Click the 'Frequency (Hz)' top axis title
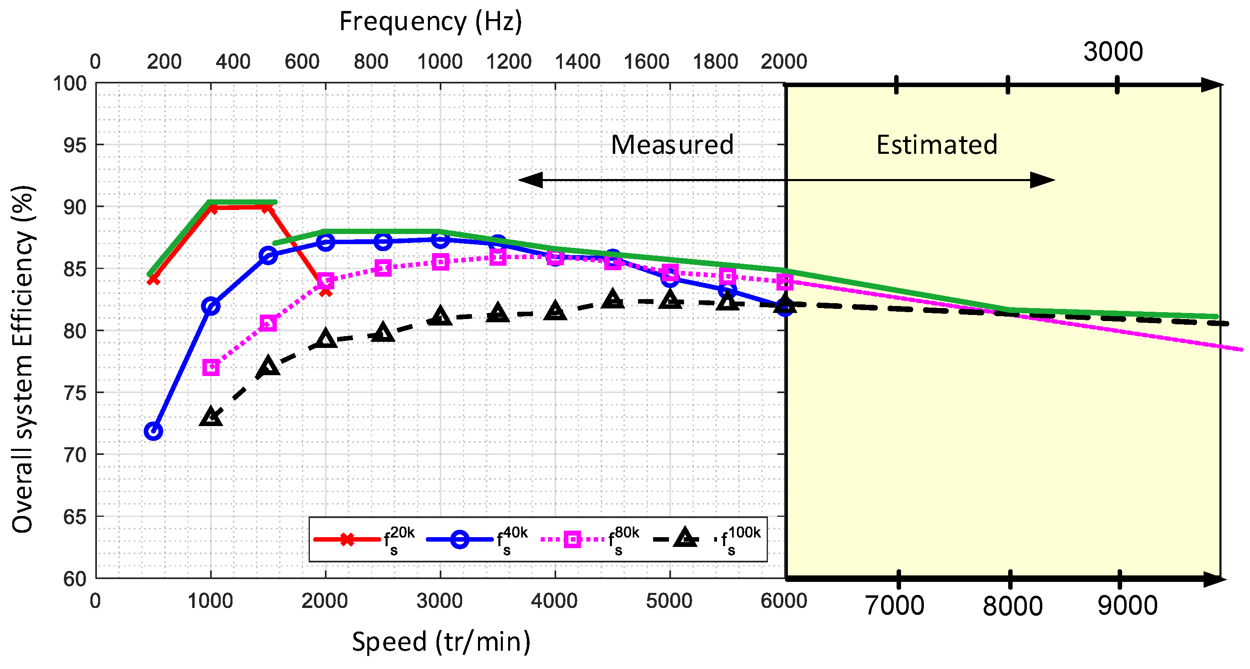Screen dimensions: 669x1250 (x=430, y=22)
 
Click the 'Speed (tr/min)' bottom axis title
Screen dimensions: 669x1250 (x=441, y=641)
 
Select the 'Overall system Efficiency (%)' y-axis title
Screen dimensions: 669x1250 (x=23, y=359)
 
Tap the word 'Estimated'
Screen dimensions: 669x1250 (x=936, y=144)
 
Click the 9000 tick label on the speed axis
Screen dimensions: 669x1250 (x=1127, y=606)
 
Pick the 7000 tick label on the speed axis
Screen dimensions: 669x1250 (x=894, y=606)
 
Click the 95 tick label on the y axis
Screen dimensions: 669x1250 (x=75, y=145)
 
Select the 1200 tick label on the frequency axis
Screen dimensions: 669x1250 (x=508, y=61)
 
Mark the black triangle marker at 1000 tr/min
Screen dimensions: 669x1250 (x=211, y=417)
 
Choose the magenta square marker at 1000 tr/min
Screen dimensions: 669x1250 (x=211, y=367)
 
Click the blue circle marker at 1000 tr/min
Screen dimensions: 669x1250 (x=211, y=306)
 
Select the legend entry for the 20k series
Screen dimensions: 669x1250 (x=364, y=540)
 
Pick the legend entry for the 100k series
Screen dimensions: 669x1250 (x=706, y=540)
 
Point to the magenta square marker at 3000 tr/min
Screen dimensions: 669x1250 (x=440, y=262)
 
